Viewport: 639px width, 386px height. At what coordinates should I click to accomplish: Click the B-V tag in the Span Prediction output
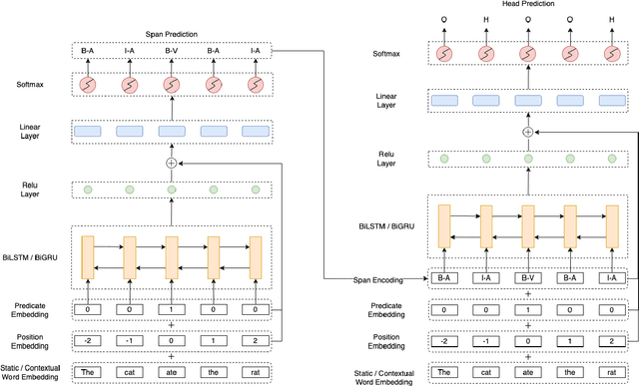172,49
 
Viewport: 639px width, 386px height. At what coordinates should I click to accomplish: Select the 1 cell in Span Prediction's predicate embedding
172,310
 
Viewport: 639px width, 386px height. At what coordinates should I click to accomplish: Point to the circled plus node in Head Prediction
527,132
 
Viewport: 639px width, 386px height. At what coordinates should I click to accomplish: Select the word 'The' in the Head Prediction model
443,372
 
